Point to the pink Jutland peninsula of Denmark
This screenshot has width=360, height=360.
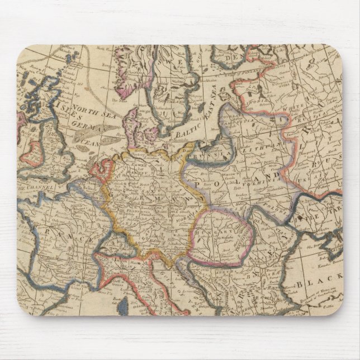(x=132, y=120)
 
